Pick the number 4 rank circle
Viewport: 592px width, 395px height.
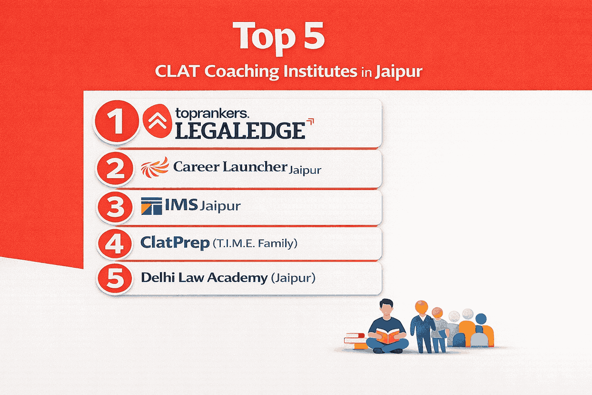(x=115, y=243)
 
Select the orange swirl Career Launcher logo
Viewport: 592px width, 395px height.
(x=156, y=167)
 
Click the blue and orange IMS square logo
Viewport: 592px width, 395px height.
(x=151, y=207)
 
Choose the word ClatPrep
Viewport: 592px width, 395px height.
(x=175, y=243)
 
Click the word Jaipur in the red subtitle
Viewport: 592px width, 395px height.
(x=398, y=73)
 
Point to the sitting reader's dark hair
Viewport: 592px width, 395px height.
(x=387, y=303)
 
